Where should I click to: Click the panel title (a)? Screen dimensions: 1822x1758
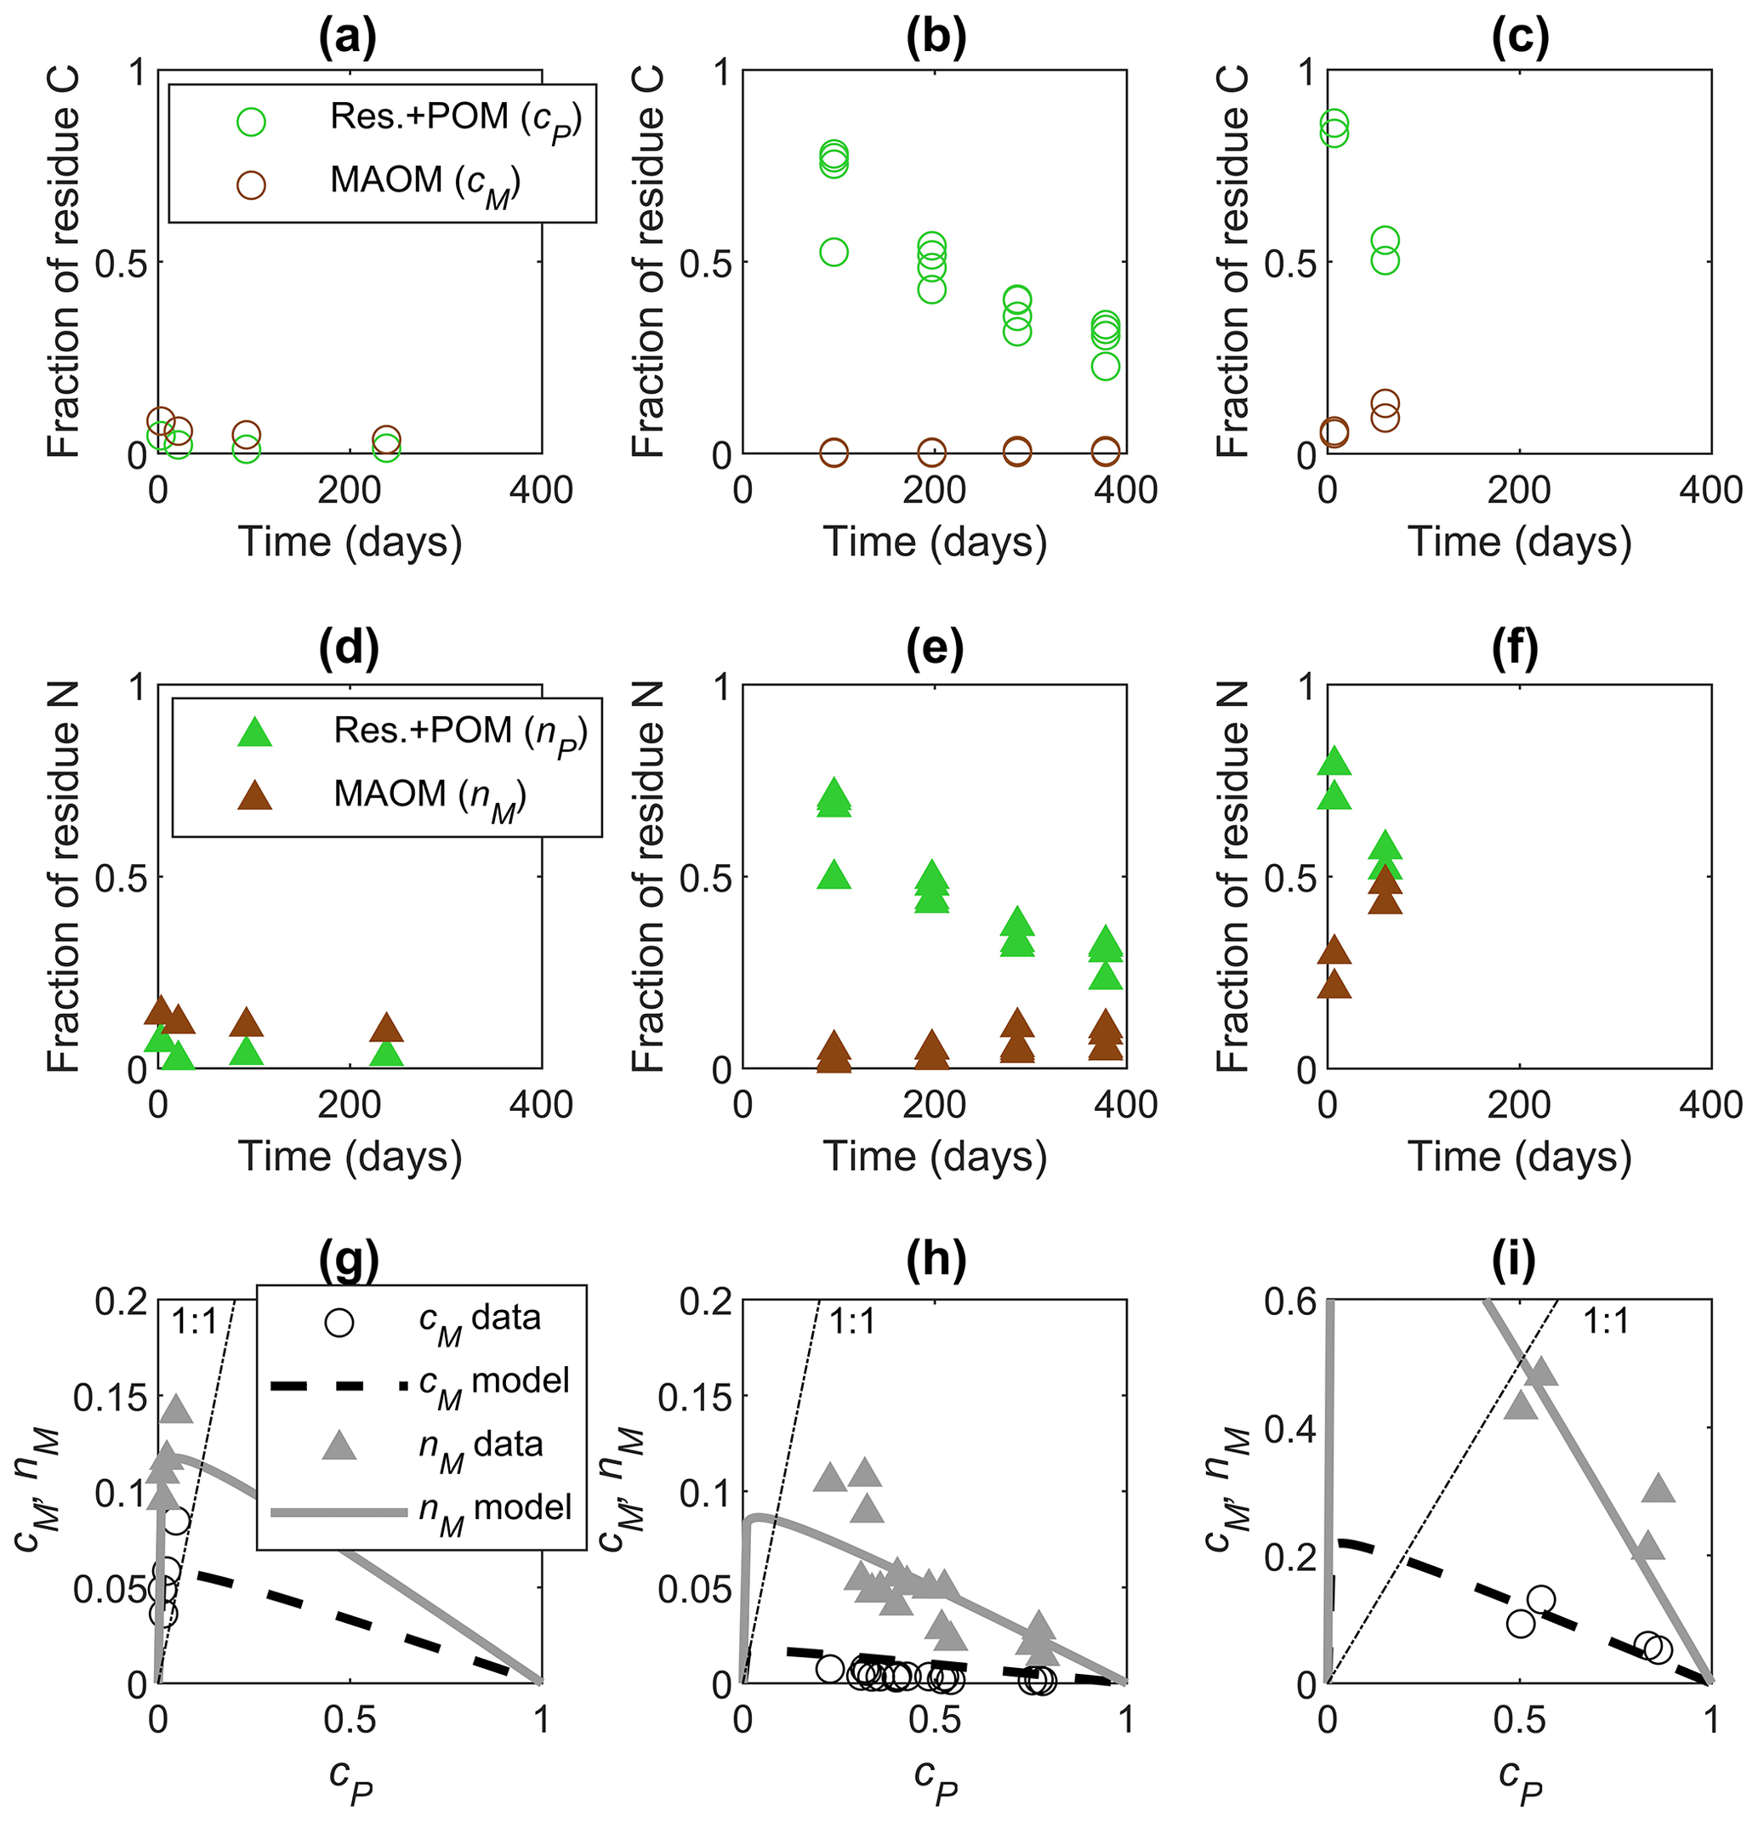(x=349, y=39)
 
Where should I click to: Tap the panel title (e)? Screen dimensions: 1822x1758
(x=935, y=649)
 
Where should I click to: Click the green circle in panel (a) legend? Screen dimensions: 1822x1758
(x=251, y=122)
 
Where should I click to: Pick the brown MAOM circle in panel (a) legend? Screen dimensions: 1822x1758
(x=251, y=185)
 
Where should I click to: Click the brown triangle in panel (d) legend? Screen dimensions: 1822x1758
(x=253, y=795)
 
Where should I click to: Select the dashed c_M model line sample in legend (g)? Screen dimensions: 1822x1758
(x=339, y=1386)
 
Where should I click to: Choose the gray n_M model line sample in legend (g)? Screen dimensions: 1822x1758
(x=339, y=1512)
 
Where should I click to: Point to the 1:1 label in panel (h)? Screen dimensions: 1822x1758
(x=851, y=1322)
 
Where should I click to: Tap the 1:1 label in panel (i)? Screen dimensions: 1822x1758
(x=1607, y=1322)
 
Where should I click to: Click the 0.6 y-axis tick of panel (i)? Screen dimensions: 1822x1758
(x=1289, y=1302)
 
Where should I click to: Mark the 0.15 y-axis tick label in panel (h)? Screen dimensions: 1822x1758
(x=695, y=1398)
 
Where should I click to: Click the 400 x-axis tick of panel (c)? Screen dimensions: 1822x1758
(x=1710, y=491)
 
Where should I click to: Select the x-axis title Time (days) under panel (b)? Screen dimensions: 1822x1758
(x=935, y=543)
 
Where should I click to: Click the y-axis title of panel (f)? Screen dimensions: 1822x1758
(x=1232, y=877)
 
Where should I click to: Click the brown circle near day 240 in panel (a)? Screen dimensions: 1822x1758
(x=387, y=439)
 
